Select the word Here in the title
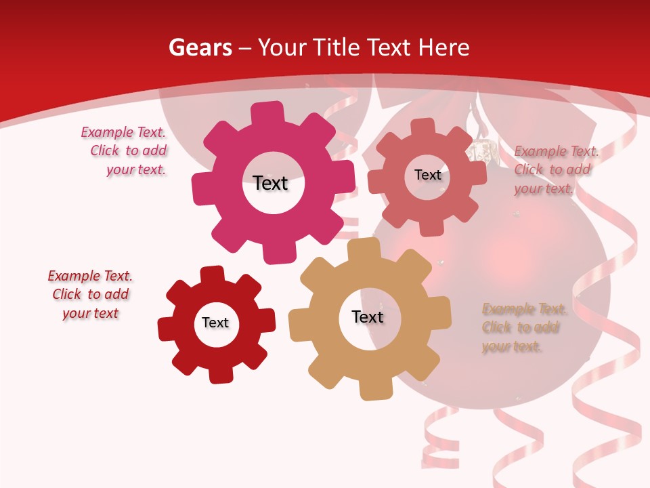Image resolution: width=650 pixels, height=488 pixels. point(444,48)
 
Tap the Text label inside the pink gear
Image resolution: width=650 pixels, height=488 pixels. point(271,184)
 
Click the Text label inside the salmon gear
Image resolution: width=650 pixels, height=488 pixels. point(428,175)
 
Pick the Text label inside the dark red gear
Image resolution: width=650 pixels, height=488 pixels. point(215,323)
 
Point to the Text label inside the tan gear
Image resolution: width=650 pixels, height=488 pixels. point(368,317)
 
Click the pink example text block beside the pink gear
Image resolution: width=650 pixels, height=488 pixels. point(125,151)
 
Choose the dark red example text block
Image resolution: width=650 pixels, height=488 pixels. point(91,295)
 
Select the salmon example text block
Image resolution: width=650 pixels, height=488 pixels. point(555,170)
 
